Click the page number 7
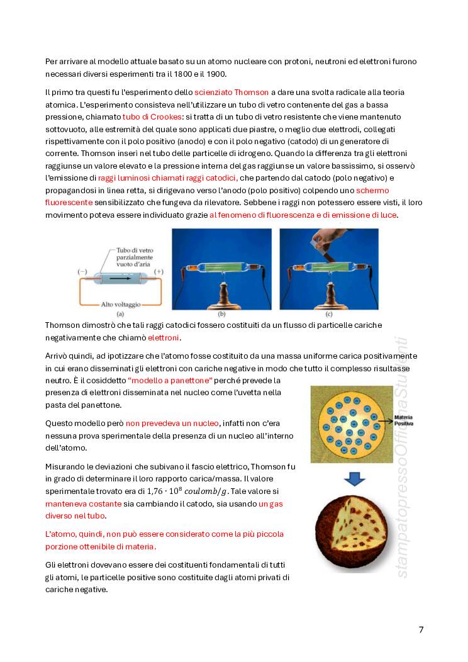(421, 630)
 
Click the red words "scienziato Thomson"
(231, 92)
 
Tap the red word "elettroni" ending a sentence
(164, 338)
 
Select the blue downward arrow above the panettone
(357, 479)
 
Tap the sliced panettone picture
(356, 532)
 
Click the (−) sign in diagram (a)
(82, 271)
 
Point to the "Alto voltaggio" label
(121, 304)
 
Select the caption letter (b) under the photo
(221, 313)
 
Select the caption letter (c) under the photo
(329, 313)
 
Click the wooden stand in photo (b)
(221, 292)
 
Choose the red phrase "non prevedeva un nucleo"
(173, 423)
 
